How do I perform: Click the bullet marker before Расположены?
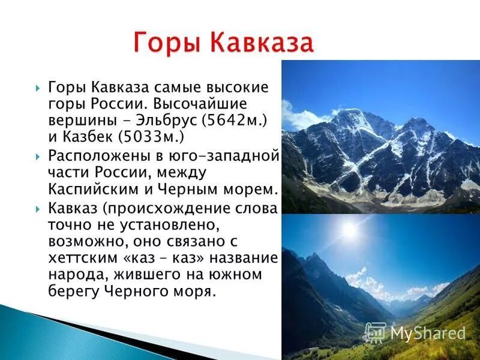pyautogui.click(x=38, y=157)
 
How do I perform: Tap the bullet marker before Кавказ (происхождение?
pyautogui.click(x=38, y=209)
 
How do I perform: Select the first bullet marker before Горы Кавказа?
pyautogui.click(x=38, y=88)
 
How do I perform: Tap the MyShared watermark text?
pyautogui.click(x=427, y=333)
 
